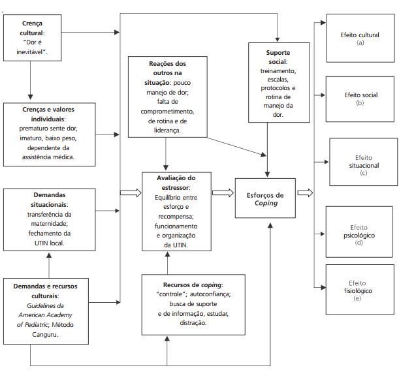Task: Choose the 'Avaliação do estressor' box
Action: pos(176,211)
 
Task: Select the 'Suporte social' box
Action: pos(278,83)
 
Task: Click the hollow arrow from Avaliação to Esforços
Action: pos(223,193)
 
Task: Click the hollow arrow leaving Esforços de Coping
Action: pos(305,193)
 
